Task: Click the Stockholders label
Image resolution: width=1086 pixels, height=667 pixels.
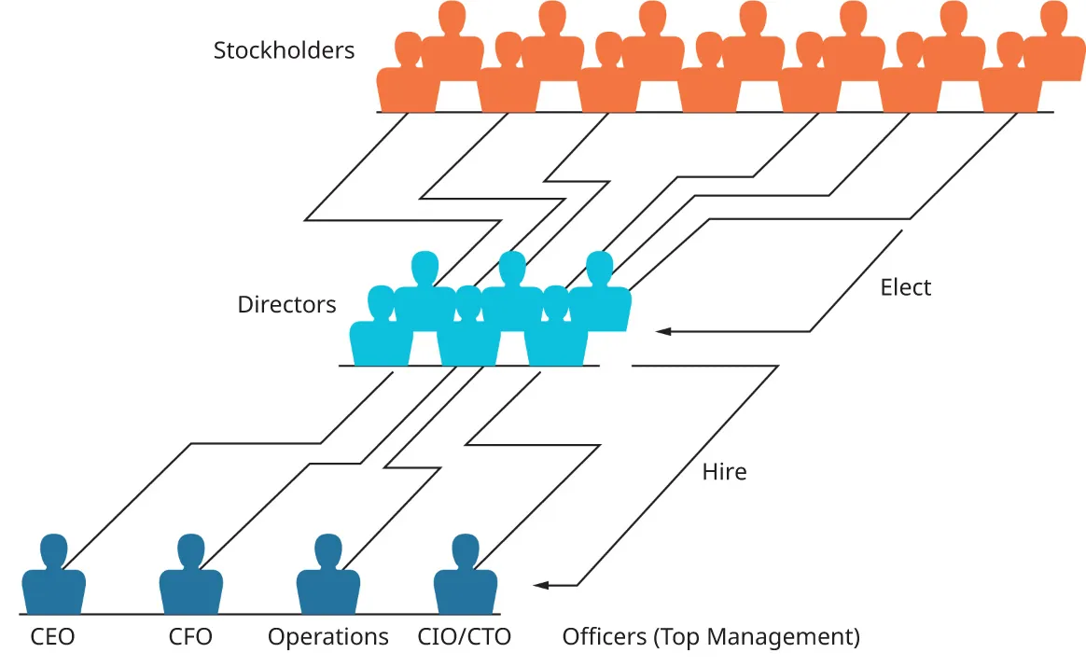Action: click(284, 50)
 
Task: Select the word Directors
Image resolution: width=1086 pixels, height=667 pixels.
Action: click(286, 305)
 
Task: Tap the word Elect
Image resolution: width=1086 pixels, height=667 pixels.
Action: click(906, 287)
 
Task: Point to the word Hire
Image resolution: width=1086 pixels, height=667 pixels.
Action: click(724, 472)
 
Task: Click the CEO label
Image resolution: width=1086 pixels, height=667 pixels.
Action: click(52, 638)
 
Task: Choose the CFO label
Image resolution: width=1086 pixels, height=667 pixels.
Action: click(190, 638)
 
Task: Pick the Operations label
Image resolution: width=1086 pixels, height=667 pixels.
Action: click(327, 638)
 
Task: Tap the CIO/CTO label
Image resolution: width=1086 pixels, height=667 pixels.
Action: click(465, 638)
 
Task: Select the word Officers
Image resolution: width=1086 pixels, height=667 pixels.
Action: click(604, 638)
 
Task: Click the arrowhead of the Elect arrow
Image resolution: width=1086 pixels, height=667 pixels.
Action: click(662, 331)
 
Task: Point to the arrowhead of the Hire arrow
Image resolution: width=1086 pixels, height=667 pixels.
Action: click(540, 586)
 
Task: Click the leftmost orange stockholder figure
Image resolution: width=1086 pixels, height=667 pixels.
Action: click(406, 79)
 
